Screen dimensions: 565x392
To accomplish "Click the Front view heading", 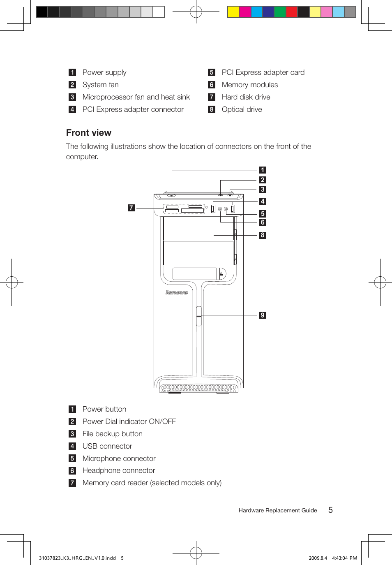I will tap(89, 133).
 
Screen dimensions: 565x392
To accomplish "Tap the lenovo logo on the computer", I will tap(177, 292).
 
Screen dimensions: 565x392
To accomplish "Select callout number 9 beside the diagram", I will tap(263, 315).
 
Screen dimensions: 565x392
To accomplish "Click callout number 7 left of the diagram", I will tap(131, 208).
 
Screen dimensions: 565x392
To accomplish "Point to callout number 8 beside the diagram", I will tap(263, 235).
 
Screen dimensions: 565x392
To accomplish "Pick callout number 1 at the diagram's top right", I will tap(263, 170).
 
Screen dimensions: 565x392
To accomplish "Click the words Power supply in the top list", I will tap(104, 72).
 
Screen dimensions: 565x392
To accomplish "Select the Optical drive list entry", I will tap(242, 109).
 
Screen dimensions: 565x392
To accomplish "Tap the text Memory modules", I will tap(249, 85).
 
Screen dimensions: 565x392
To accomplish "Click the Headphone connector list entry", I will tap(119, 470).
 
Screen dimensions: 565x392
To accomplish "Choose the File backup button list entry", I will tap(112, 434).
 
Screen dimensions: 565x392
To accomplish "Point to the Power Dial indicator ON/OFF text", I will tap(129, 421).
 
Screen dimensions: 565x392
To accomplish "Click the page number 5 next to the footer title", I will tap(330, 510).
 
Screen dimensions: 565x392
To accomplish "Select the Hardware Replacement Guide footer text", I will tap(277, 511).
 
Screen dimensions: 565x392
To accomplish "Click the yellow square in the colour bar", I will tap(233, 12).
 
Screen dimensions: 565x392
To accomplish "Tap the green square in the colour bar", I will tap(280, 12).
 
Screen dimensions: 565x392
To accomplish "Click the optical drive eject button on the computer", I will tap(221, 273).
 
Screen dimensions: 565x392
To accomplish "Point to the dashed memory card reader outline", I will tap(184, 209).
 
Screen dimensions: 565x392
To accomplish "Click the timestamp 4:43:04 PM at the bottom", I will tap(344, 558).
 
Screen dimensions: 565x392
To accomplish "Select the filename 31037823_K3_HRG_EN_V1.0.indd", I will tap(77, 558).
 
